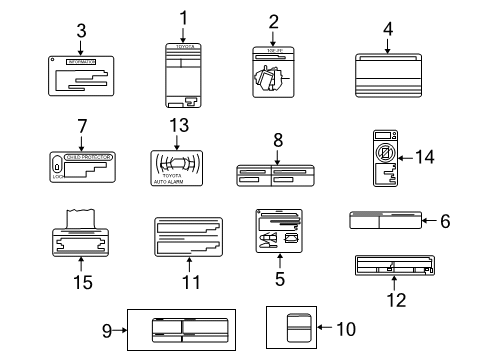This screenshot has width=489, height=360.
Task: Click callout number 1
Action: coord(183,16)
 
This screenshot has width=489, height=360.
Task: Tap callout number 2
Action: coord(272,21)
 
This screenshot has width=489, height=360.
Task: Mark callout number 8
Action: coord(277,142)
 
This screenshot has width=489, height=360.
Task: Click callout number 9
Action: coord(108,328)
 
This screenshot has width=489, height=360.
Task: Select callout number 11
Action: coord(183,282)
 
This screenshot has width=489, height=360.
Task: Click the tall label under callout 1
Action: coord(183,75)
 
